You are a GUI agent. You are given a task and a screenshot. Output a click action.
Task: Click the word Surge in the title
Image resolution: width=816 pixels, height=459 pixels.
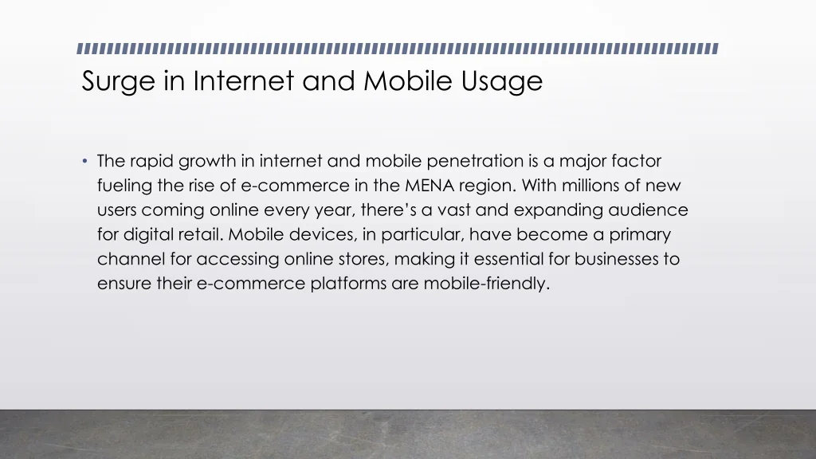click(118, 82)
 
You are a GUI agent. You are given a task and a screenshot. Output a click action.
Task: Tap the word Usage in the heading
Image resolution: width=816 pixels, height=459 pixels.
click(502, 82)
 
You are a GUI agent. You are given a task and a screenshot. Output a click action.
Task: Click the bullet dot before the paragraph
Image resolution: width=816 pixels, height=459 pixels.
click(84, 161)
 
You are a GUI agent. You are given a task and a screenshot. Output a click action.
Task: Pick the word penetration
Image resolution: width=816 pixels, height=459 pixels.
click(475, 161)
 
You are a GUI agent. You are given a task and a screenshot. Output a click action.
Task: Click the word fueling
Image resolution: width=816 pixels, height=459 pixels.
click(125, 186)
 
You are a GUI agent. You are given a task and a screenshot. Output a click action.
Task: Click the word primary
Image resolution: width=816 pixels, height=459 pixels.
click(640, 235)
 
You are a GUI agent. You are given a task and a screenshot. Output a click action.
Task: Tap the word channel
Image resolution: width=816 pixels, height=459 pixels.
click(131, 259)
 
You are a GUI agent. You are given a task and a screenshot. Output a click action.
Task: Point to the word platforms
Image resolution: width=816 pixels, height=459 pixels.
click(349, 284)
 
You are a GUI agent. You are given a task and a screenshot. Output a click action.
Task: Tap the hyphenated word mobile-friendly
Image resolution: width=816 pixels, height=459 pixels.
click(487, 284)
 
